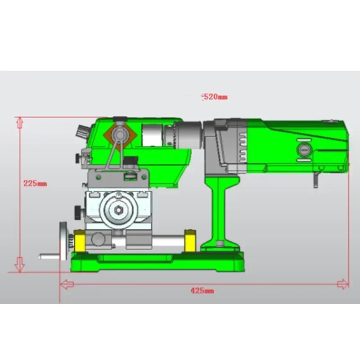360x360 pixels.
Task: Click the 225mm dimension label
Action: pyautogui.click(x=35, y=184)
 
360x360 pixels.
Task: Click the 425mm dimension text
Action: pyautogui.click(x=202, y=291)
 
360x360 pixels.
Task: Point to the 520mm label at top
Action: pyautogui.click(x=215, y=96)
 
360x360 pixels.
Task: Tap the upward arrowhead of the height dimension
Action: pyautogui.click(x=19, y=122)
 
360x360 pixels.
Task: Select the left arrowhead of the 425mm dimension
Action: pyautogui.click(x=67, y=283)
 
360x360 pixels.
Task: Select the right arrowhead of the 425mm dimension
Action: pyautogui.click(x=343, y=283)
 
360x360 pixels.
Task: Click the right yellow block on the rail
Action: pyautogui.click(x=190, y=241)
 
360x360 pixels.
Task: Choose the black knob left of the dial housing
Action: pyautogui.click(x=78, y=211)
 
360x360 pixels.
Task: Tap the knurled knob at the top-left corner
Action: pyautogui.click(x=83, y=132)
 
